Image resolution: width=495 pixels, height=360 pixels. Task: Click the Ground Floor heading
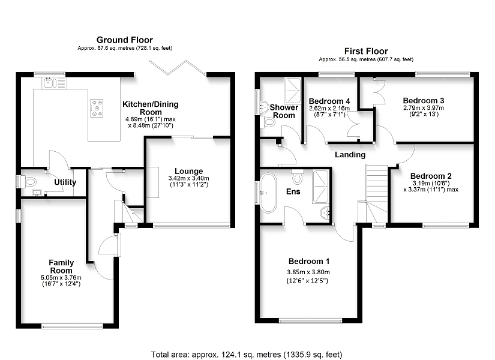pyautogui.click(x=125, y=40)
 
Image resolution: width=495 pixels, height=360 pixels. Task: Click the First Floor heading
pyautogui.click(x=366, y=51)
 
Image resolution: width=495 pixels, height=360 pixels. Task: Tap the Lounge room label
pyautogui.click(x=189, y=171)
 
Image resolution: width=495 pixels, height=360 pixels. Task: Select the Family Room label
pyautogui.click(x=61, y=266)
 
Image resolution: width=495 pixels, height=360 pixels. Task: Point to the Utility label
pyautogui.click(x=65, y=182)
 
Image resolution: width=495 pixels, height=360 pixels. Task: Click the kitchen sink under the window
pyautogui.click(x=54, y=83)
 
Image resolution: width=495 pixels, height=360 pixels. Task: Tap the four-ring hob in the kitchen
pyautogui.click(x=97, y=108)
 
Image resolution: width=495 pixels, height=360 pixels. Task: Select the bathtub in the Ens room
pyautogui.click(x=268, y=193)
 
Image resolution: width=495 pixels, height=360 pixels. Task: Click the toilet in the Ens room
pyautogui.click(x=298, y=176)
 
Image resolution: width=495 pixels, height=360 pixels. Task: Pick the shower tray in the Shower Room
pyautogui.click(x=293, y=91)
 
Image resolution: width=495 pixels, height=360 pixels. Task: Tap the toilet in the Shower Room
pyautogui.click(x=268, y=122)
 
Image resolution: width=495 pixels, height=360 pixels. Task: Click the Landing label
pyautogui.click(x=350, y=155)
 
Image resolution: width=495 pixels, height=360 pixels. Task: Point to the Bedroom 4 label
pyautogui.click(x=329, y=101)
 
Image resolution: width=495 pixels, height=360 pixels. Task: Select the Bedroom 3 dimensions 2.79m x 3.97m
pyautogui.click(x=424, y=107)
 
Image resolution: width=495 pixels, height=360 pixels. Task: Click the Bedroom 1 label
pyautogui.click(x=309, y=262)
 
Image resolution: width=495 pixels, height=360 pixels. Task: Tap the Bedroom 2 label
pyautogui.click(x=431, y=176)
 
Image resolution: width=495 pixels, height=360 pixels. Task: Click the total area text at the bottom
pyautogui.click(x=247, y=355)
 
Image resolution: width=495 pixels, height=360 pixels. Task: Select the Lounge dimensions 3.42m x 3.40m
pyautogui.click(x=189, y=178)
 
